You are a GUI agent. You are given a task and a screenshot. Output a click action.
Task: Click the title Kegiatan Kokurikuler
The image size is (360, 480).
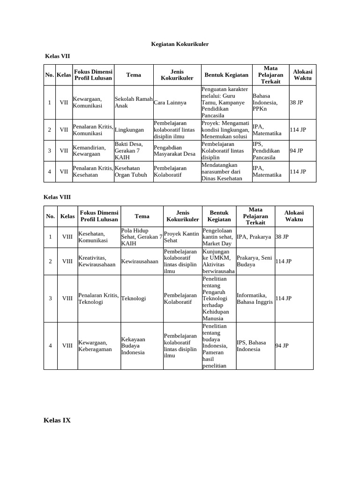[x=180, y=44]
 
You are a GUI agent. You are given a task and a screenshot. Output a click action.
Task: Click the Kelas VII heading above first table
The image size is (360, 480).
[x=57, y=56]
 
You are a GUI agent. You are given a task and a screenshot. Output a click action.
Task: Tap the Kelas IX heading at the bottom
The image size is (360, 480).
[x=57, y=420]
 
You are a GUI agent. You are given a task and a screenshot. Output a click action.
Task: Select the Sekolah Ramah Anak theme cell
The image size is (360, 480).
[x=134, y=102]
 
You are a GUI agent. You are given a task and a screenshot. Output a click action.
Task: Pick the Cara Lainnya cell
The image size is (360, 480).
[x=170, y=102]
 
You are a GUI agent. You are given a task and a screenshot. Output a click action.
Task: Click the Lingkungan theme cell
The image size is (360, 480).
[x=129, y=130]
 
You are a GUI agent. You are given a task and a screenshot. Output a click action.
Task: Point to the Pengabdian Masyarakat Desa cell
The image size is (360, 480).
[x=175, y=150]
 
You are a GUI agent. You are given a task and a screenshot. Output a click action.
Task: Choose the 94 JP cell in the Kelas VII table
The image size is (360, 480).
[x=296, y=150]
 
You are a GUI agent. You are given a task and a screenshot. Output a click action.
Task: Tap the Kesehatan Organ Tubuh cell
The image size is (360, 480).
[x=131, y=172]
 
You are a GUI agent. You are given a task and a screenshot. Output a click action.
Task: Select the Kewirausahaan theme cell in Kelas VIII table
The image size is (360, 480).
[x=140, y=261]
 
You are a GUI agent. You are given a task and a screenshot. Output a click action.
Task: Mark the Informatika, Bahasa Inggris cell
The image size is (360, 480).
[x=255, y=298]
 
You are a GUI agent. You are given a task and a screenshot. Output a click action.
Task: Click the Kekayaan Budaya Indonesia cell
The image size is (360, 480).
[x=133, y=345]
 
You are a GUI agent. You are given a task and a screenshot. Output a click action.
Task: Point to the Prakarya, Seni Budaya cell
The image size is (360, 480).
[x=255, y=261]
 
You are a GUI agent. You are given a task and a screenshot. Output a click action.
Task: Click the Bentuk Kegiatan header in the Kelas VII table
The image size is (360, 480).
[x=226, y=75]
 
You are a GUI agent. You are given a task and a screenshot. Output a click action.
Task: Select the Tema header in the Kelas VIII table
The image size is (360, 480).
[x=142, y=216]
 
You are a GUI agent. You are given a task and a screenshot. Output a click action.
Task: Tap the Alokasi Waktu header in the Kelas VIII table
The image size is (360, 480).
[x=294, y=216]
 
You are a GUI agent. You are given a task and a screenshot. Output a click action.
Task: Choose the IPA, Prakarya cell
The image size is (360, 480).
[x=254, y=237]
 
